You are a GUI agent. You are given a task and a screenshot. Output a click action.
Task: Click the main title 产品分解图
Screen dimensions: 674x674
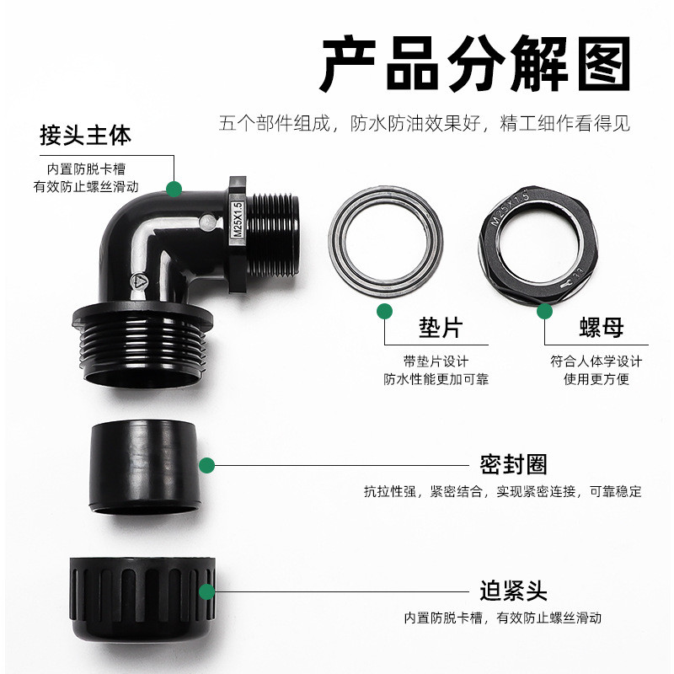(x=475, y=64)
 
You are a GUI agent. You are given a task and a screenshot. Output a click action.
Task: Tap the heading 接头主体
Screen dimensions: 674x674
(x=85, y=136)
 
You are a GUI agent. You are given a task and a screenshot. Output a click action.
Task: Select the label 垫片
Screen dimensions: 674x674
(x=441, y=328)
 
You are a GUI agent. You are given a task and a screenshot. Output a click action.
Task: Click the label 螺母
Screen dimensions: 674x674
(x=602, y=328)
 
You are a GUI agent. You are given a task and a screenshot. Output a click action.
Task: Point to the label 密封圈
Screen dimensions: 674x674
(x=513, y=465)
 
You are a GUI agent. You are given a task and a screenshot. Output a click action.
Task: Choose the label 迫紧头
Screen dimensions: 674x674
(x=513, y=591)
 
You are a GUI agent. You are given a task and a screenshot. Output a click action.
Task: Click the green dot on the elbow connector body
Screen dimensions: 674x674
(x=174, y=189)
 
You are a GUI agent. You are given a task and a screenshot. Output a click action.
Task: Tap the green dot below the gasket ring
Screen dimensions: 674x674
(x=384, y=311)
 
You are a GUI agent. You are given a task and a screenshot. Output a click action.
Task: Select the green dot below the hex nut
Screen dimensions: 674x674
(x=544, y=311)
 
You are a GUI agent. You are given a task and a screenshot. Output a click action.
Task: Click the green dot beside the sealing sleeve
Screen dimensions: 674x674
(x=206, y=465)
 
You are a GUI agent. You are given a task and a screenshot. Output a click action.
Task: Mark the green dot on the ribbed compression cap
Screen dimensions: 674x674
(x=206, y=591)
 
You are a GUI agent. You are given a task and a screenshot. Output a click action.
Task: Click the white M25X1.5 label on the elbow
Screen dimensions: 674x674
(x=238, y=220)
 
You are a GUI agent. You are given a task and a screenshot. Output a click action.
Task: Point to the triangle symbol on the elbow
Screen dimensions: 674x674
(x=139, y=281)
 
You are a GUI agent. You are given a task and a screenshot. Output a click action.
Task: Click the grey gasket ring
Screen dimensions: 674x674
(x=334, y=241)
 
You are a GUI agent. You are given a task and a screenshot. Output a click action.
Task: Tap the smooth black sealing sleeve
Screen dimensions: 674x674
(x=145, y=468)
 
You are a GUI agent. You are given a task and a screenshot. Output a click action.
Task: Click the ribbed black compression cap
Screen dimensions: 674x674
(x=142, y=599)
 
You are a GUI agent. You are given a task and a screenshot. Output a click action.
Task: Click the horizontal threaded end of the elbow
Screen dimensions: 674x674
(x=273, y=236)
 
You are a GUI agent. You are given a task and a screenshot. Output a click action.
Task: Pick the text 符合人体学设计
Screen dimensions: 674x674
(x=596, y=361)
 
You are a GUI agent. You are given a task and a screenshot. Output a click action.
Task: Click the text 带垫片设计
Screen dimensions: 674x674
(x=436, y=361)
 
